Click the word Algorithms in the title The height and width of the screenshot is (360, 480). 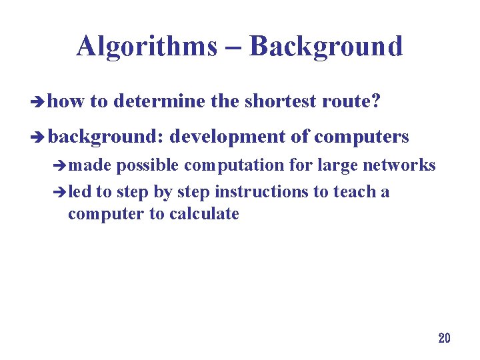(x=146, y=47)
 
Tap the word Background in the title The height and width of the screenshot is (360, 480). (x=326, y=47)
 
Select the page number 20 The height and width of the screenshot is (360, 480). (x=444, y=338)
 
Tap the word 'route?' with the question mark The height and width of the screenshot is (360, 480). (x=351, y=101)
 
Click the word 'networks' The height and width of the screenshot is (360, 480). (x=399, y=165)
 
